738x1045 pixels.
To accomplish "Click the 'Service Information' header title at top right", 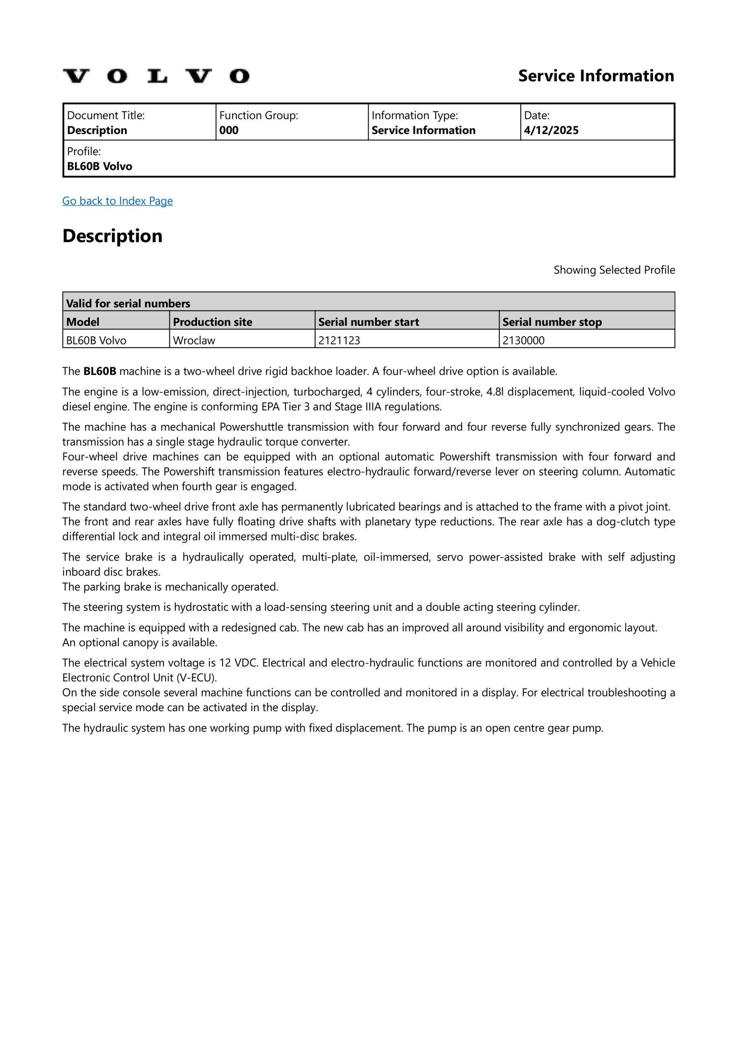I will pyautogui.click(x=596, y=76).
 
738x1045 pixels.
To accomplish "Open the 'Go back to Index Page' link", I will pyautogui.click(x=117, y=201).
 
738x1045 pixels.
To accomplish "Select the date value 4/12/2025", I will pyautogui.click(x=551, y=130).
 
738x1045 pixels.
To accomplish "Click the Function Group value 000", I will pyautogui.click(x=228, y=130).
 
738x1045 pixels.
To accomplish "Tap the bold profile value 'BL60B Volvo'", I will pyautogui.click(x=100, y=166).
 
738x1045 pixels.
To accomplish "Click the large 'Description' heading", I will pyautogui.click(x=112, y=236).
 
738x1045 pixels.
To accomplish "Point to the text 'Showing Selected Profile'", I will pyautogui.click(x=614, y=270).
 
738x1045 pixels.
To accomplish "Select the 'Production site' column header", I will pyautogui.click(x=213, y=322).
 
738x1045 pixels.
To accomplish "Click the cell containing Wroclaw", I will pyautogui.click(x=194, y=340).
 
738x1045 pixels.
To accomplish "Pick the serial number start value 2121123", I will pyautogui.click(x=339, y=340).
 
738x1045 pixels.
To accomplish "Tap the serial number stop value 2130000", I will pyautogui.click(x=523, y=340).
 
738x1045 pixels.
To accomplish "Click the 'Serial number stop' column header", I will pyautogui.click(x=552, y=322).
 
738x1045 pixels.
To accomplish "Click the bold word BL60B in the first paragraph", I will pyautogui.click(x=100, y=371).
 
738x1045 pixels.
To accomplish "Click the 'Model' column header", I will pyautogui.click(x=83, y=322).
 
